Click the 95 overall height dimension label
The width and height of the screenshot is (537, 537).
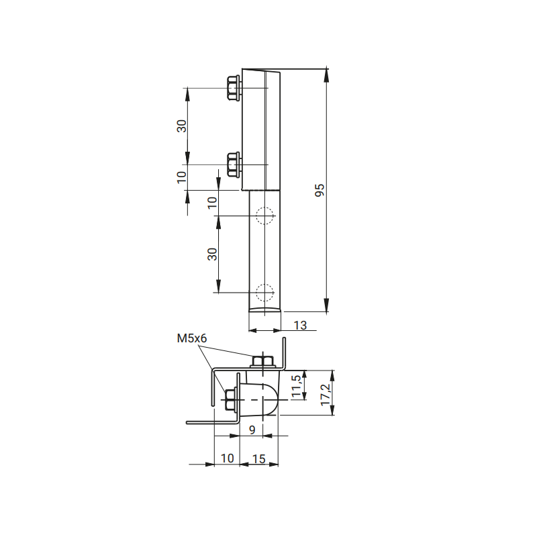[320, 190]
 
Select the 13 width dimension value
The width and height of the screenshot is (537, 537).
[300, 326]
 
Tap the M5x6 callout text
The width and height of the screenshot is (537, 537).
[192, 338]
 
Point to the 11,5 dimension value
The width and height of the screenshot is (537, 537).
[297, 386]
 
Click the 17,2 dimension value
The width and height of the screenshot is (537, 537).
[326, 395]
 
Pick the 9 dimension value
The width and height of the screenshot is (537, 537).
[252, 430]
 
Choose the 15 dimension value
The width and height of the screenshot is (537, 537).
[258, 458]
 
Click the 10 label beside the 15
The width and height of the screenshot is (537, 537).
[227, 458]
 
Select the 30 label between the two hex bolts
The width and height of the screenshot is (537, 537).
[181, 126]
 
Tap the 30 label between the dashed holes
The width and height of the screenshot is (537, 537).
[212, 254]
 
